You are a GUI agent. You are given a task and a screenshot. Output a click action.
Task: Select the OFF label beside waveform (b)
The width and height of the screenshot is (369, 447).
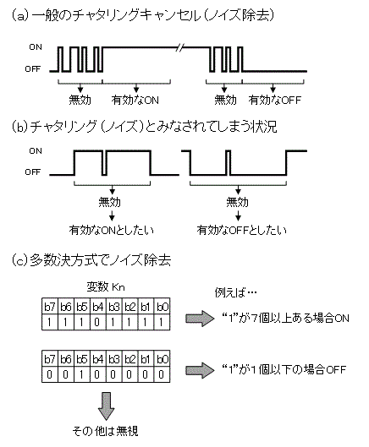(33, 172)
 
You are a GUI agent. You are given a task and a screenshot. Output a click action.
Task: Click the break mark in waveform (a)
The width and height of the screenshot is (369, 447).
(179, 47)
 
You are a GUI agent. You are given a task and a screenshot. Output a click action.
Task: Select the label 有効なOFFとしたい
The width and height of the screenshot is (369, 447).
(241, 229)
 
